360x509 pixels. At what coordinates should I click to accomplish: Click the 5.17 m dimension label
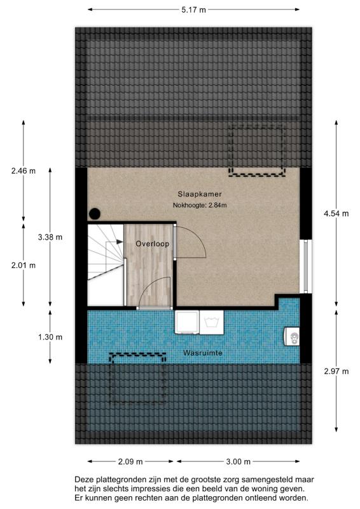point(193,10)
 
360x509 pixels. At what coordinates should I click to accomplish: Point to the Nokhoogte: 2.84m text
point(199,205)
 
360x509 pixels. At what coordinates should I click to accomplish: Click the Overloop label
point(151,244)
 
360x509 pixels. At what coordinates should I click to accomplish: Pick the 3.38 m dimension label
point(50,237)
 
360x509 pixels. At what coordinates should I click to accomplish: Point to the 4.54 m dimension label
point(336,214)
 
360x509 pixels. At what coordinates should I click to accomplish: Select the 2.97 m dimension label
point(336,372)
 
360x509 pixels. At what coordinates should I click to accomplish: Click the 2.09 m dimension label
point(130,461)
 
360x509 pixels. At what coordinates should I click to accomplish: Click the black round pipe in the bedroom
point(95,214)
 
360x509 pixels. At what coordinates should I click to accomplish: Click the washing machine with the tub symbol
point(212,322)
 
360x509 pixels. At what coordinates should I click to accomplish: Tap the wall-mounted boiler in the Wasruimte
point(293,335)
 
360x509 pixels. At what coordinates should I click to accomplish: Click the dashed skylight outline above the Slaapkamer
point(256,151)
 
